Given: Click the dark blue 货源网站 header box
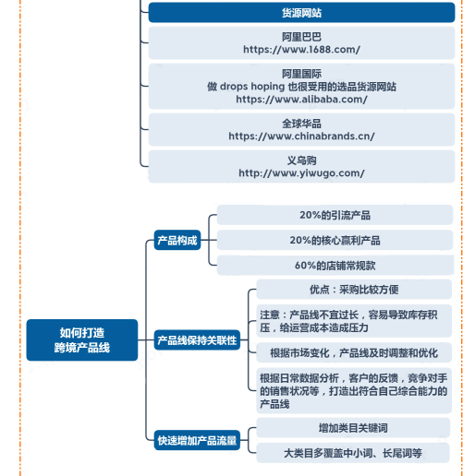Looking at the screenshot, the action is [x=301, y=12].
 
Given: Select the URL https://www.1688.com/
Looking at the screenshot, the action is [x=301, y=50].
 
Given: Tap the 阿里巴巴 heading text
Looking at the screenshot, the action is [x=301, y=37].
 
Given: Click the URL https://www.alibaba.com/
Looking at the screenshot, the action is [x=301, y=100].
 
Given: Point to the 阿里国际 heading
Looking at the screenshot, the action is [x=301, y=74].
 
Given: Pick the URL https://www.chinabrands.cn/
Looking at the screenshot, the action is [x=301, y=137].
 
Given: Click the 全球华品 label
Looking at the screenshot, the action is [x=301, y=124].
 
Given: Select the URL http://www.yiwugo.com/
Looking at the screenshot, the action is [x=301, y=173].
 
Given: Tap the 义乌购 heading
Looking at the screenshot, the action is [x=301, y=161].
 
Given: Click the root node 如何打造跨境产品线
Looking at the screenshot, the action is [x=82, y=339].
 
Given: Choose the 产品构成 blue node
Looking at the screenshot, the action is [x=177, y=240].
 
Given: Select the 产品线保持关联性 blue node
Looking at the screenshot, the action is [x=197, y=339].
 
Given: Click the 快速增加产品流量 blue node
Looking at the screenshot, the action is [x=197, y=440].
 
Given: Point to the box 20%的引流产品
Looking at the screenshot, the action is [x=335, y=215].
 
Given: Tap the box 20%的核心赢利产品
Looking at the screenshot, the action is [x=335, y=240].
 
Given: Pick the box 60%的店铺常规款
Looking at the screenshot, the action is [x=335, y=265].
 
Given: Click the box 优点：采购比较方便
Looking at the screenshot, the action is [x=354, y=289].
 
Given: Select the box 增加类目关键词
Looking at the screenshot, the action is [x=353, y=427].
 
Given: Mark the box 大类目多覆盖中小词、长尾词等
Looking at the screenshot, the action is [x=353, y=453].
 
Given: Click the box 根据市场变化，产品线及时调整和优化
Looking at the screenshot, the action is [x=354, y=352].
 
